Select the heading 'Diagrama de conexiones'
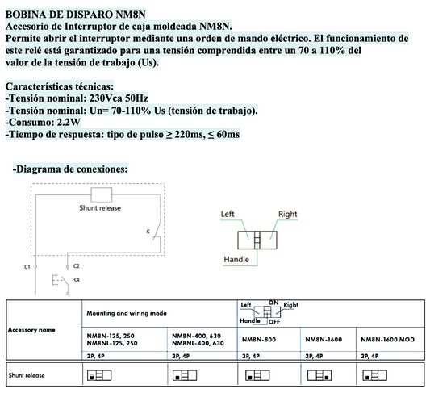(70, 169)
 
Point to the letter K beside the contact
(148, 232)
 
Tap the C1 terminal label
(27, 265)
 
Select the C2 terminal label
(77, 265)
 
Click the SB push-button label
(76, 280)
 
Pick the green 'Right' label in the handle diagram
(288, 215)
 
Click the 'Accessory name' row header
(31, 329)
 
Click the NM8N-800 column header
(260, 340)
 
